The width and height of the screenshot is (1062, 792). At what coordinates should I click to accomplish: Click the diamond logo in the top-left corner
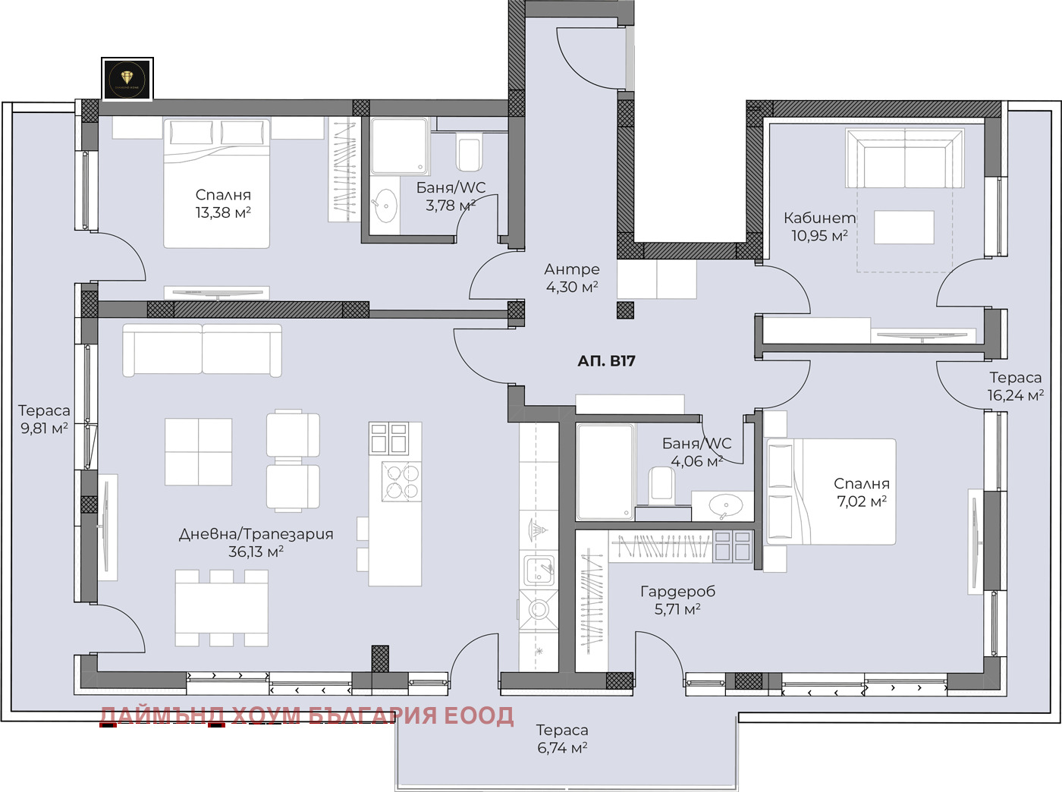point(127,78)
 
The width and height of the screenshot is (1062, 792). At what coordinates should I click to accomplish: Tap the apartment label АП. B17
point(606,361)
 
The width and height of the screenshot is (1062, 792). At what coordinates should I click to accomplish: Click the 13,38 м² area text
point(223,213)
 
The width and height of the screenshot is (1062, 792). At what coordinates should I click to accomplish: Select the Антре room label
point(572,269)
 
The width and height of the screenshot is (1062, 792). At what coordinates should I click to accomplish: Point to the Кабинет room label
point(819,218)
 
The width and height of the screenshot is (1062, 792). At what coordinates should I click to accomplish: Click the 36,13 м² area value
point(256,552)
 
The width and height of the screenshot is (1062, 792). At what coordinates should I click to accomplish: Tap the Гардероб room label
point(677,591)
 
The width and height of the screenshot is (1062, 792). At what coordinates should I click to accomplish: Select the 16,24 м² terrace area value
point(1015,395)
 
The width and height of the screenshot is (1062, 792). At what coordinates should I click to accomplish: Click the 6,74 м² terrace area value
point(562,748)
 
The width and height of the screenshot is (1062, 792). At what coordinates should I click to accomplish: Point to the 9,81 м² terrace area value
point(44,428)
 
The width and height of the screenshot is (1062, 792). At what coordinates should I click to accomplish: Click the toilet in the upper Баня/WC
point(469,152)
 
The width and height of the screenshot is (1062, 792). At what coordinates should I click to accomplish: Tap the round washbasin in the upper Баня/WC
point(386,206)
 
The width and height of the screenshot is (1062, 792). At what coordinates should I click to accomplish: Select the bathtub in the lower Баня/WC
point(605,471)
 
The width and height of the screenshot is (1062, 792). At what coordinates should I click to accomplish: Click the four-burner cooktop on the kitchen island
point(401,481)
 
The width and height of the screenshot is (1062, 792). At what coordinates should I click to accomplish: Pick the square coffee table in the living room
point(199,451)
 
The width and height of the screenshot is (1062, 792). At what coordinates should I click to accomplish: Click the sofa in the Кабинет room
point(904,159)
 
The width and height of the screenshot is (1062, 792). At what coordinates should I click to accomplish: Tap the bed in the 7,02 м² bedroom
point(831,491)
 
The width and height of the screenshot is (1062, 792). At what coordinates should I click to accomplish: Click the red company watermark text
point(307,715)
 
